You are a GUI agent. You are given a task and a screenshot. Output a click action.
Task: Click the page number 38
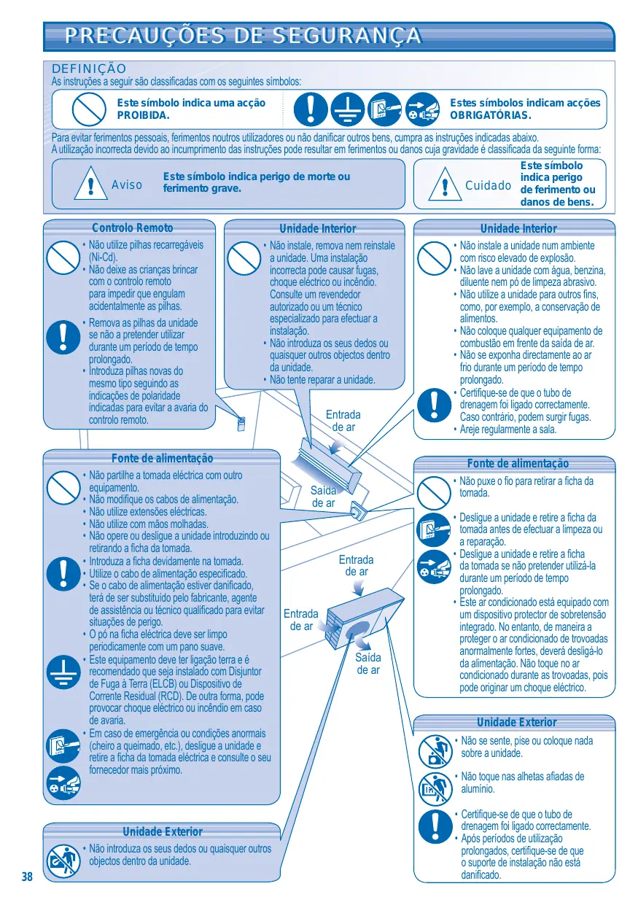(x=27, y=877)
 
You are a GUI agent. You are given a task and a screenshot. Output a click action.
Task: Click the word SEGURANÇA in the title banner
(x=346, y=35)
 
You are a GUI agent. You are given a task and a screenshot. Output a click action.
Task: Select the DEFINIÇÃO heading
(x=89, y=69)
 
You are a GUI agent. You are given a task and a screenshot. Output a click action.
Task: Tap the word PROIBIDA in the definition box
(x=143, y=115)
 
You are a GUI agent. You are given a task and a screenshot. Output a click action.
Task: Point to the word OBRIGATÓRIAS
(x=490, y=115)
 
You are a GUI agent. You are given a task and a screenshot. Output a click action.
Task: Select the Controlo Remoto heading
(x=133, y=228)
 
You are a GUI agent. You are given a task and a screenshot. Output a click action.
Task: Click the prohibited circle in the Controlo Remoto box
(x=63, y=257)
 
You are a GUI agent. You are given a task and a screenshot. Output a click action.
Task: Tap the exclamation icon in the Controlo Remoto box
(x=63, y=337)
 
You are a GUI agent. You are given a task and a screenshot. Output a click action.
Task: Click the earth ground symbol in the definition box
(x=348, y=109)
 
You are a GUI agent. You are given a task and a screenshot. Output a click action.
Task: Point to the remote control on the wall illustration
(x=241, y=424)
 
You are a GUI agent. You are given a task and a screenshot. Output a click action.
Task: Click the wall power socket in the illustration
(x=358, y=510)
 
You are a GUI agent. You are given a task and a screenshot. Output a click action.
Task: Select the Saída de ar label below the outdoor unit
(x=368, y=664)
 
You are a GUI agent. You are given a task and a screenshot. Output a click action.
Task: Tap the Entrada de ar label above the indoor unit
(x=343, y=421)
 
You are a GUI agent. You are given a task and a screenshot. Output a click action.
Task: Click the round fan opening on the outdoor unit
(x=357, y=630)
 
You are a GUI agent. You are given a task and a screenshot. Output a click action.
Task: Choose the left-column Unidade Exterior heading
(x=163, y=831)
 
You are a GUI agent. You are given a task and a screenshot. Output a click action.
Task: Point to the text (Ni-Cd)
(x=103, y=257)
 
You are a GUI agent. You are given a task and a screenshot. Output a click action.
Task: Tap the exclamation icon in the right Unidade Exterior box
(x=435, y=826)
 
